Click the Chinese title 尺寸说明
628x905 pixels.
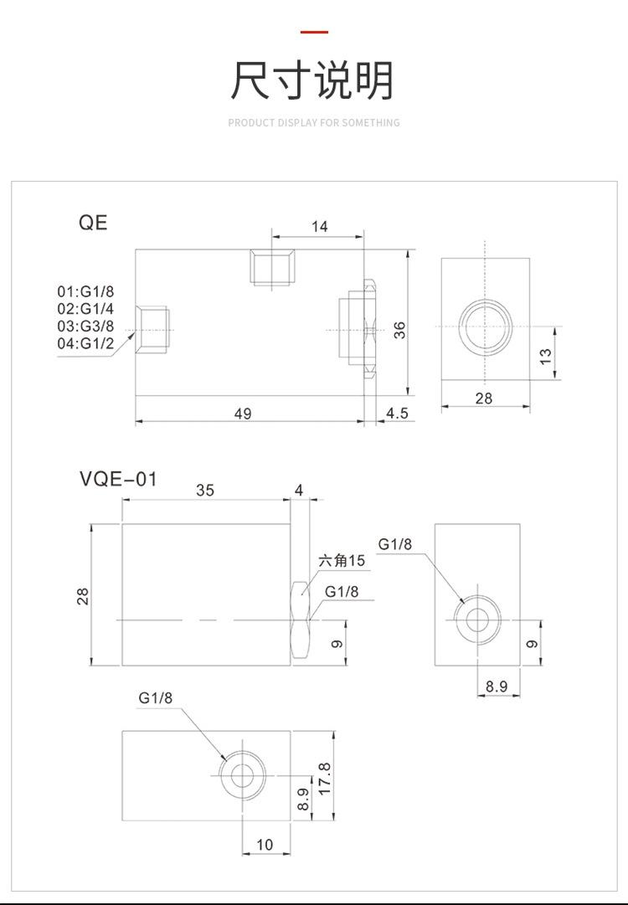pos(313,80)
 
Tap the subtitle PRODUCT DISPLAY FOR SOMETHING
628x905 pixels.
pos(314,123)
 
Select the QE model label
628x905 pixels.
pos(93,223)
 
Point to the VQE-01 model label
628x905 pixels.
pos(118,479)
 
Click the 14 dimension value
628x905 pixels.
pos(319,226)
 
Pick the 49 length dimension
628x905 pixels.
pos(243,413)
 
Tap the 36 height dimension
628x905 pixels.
pos(399,330)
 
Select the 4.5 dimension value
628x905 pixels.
pos(396,413)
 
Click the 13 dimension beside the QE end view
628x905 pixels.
pos(545,355)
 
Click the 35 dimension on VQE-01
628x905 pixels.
pos(205,491)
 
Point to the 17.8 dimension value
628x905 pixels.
pos(325,778)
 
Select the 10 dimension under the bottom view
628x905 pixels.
pos(265,845)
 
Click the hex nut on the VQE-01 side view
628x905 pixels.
pos(301,620)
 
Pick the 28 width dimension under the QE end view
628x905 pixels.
pos(484,399)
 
